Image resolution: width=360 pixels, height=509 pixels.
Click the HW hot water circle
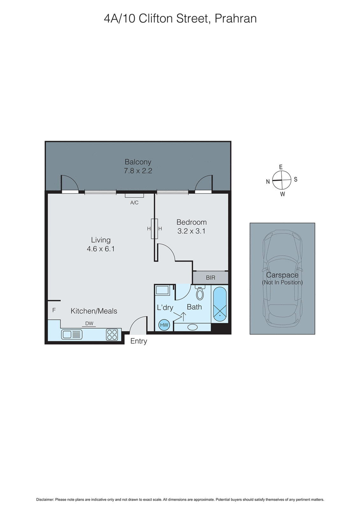(164, 325)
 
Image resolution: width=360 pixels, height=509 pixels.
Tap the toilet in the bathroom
(200, 293)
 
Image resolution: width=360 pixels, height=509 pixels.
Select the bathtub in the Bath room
(220, 304)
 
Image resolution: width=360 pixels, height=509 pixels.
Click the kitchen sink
(72, 334)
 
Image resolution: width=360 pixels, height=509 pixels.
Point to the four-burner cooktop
(112, 335)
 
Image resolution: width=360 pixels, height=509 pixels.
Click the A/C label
(134, 203)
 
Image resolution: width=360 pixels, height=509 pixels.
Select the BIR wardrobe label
(210, 278)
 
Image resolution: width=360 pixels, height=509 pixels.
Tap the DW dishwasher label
(89, 324)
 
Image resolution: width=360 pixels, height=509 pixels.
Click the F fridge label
(54, 310)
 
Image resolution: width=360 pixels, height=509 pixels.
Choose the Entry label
(139, 341)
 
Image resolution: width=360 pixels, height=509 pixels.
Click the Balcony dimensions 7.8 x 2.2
(138, 171)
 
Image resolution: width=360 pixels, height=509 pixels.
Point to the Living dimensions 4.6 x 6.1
(101, 249)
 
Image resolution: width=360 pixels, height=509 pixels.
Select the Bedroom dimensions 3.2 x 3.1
(191, 231)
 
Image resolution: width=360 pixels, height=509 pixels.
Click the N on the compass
(268, 182)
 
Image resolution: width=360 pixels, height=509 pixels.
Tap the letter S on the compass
(296, 179)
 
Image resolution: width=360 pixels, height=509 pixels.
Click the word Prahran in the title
(236, 18)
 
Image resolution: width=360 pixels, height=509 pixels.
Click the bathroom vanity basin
(193, 327)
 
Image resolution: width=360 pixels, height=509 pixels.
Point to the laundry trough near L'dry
(162, 290)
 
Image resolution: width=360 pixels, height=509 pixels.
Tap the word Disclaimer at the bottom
(45, 500)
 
